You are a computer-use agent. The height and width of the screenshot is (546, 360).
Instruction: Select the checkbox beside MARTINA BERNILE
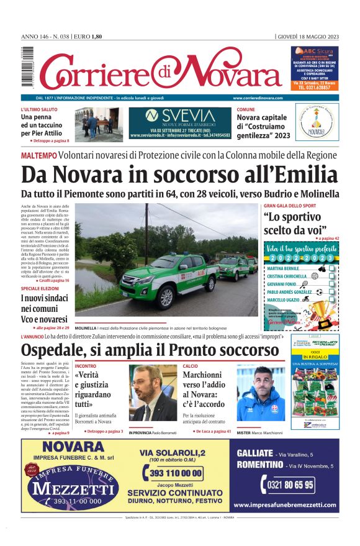tap(331, 268)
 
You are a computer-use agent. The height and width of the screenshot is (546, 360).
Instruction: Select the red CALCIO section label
tap(191, 366)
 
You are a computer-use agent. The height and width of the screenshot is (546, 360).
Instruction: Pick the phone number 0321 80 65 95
tap(287, 485)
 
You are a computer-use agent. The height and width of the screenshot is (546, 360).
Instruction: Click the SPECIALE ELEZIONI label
tap(40, 289)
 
